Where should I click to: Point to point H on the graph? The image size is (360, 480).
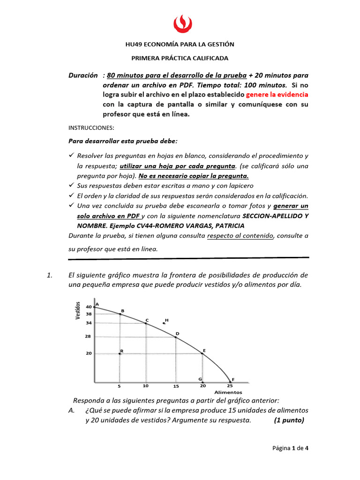point(164,323)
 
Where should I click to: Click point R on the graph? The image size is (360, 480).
point(120,353)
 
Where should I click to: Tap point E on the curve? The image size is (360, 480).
point(202,353)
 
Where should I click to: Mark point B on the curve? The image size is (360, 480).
point(120,314)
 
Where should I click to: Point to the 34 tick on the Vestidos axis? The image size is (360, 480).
point(89,323)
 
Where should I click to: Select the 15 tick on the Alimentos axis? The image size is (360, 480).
point(176,387)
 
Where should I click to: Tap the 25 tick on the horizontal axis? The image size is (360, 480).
point(230,386)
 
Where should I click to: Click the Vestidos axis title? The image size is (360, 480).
point(79,311)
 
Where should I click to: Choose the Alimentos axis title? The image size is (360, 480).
point(228,392)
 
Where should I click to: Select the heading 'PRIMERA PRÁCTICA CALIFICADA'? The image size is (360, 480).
point(180,58)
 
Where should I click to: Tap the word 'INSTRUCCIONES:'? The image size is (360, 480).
point(91,127)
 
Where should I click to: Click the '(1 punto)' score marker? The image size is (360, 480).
point(289,420)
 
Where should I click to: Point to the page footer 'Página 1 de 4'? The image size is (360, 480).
point(291,448)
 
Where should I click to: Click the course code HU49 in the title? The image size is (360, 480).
point(134,45)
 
